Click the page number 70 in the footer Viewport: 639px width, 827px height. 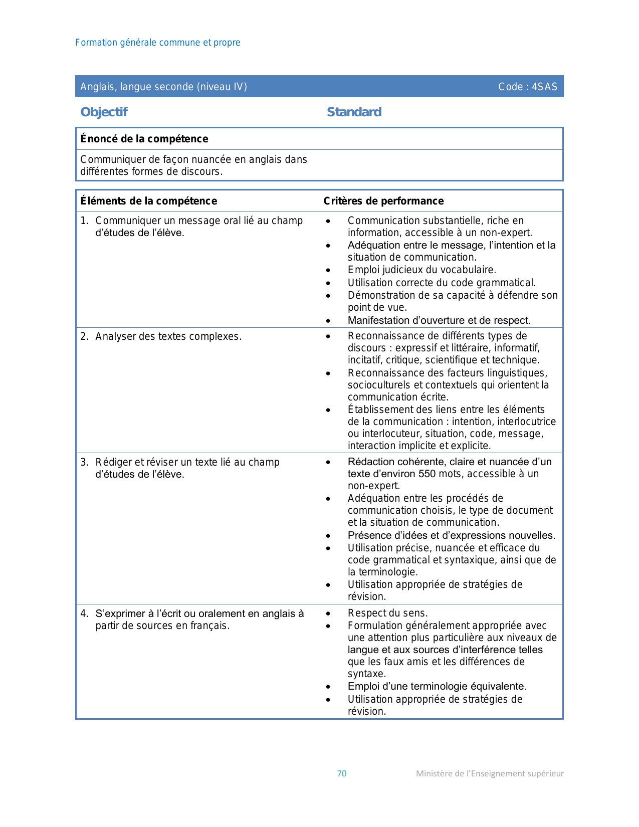[341, 773]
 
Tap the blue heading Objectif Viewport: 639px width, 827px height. [104, 112]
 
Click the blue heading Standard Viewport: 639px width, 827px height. [354, 112]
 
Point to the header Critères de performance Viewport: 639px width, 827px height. [383, 201]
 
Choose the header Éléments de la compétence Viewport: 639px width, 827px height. [149, 201]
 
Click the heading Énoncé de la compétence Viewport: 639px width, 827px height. [144, 139]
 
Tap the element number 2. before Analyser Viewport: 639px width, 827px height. [84, 336]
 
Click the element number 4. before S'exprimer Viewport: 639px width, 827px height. [84, 613]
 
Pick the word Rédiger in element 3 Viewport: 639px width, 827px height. [113, 462]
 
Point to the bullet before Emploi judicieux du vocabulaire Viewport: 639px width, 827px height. [328, 271]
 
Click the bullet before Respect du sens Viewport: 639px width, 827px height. [328, 613]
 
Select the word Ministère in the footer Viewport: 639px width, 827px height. [434, 773]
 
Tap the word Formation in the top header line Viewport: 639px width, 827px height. [96, 43]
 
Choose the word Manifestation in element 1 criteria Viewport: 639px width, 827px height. [377, 320]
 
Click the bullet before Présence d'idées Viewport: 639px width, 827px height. [328, 536]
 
